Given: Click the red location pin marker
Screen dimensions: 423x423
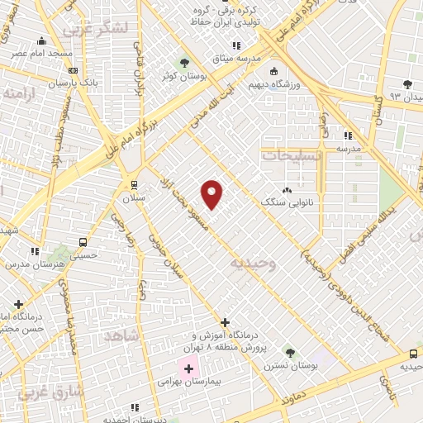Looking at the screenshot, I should tap(211, 193).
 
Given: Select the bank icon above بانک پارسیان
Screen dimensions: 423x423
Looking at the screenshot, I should tap(74, 71).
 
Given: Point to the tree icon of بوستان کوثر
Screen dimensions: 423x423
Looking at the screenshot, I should tap(184, 63).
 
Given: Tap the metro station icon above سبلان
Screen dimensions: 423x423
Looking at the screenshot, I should tap(133, 185).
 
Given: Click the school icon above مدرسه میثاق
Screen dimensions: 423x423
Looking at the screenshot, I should tap(236, 46).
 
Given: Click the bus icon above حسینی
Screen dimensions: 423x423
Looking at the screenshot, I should tap(83, 242).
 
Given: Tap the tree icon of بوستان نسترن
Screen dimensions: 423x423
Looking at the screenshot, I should tap(288, 353).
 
